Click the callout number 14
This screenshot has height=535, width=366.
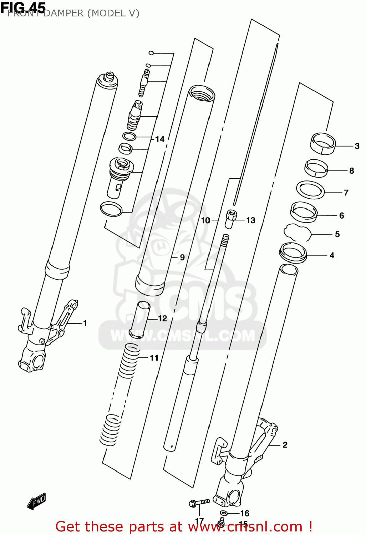(160, 139)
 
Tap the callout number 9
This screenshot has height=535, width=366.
(182, 257)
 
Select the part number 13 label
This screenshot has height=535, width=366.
(251, 220)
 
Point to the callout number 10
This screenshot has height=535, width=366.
(205, 220)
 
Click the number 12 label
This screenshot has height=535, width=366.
(162, 319)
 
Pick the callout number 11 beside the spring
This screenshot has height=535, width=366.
(154, 358)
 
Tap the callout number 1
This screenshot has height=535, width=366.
(85, 323)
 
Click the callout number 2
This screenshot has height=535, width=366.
(285, 445)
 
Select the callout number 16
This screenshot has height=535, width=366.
(245, 513)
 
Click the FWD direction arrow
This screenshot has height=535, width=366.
(36, 501)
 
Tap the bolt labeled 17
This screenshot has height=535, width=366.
(199, 503)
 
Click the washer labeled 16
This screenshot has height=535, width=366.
(224, 513)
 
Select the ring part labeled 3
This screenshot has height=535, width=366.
(322, 143)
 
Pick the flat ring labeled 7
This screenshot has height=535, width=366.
(310, 190)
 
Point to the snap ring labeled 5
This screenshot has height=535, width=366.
(297, 233)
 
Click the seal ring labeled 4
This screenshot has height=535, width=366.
(293, 253)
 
